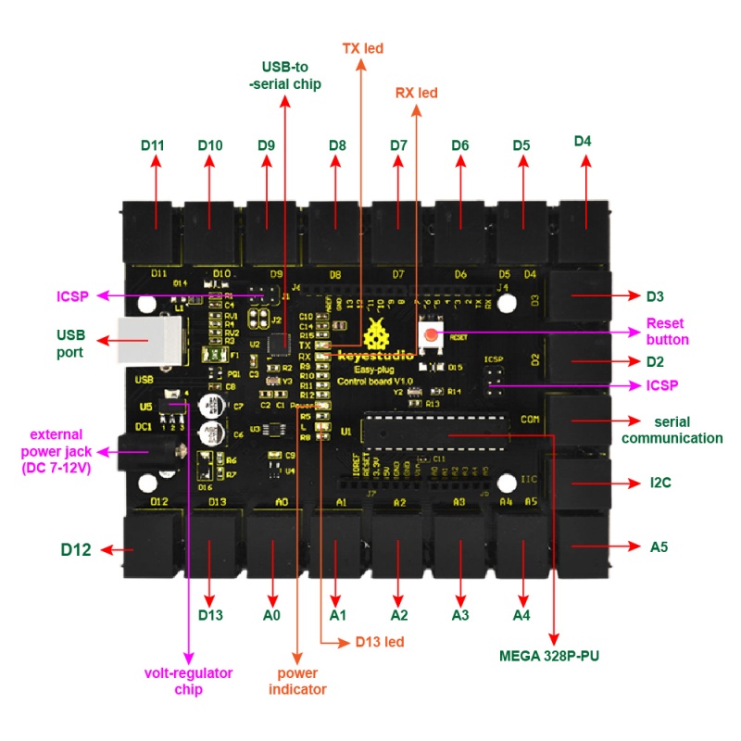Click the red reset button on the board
pyautogui.click(x=433, y=335)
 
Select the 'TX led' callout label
pyautogui.click(x=362, y=47)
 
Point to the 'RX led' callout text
pyautogui.click(x=416, y=93)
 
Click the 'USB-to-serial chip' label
pyautogui.click(x=285, y=75)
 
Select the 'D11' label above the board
pyautogui.click(x=153, y=145)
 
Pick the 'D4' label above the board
pyautogui.click(x=583, y=142)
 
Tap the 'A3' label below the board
pyautogui.click(x=459, y=614)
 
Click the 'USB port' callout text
pyautogui.click(x=69, y=344)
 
